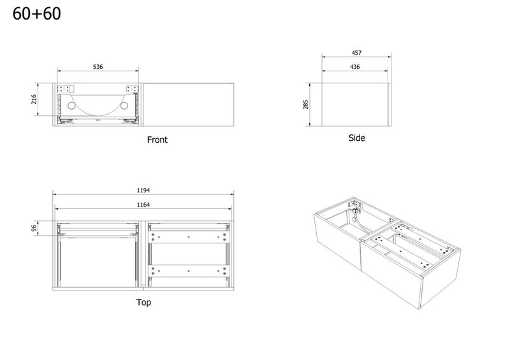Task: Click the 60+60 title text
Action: pyautogui.click(x=36, y=13)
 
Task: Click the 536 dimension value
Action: pyautogui.click(x=98, y=67)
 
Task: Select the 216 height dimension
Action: pyautogui.click(x=34, y=99)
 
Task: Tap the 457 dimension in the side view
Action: pyautogui.click(x=356, y=53)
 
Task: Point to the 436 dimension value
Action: pyautogui.click(x=355, y=67)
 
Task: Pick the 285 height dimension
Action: pyautogui.click(x=305, y=104)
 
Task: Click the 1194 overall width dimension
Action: pyautogui.click(x=143, y=191)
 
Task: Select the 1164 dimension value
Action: pyautogui.click(x=143, y=205)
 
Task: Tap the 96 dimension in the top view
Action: pyautogui.click(x=34, y=228)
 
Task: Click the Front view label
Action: pyautogui.click(x=157, y=140)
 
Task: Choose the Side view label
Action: pyautogui.click(x=356, y=138)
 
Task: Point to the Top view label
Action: pyautogui.click(x=143, y=303)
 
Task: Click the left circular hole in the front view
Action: pyautogui.click(x=71, y=106)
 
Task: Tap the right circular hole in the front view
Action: pyautogui.click(x=124, y=106)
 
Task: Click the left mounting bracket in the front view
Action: pyautogui.click(x=66, y=89)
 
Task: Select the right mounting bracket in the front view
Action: pyautogui.click(x=133, y=89)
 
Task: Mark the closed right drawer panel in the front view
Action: pyautogui.click(x=189, y=104)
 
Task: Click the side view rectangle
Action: pyautogui.click(x=356, y=104)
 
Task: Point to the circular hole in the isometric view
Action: pyautogui.click(x=354, y=220)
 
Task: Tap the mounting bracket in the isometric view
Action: pyautogui.click(x=354, y=205)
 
